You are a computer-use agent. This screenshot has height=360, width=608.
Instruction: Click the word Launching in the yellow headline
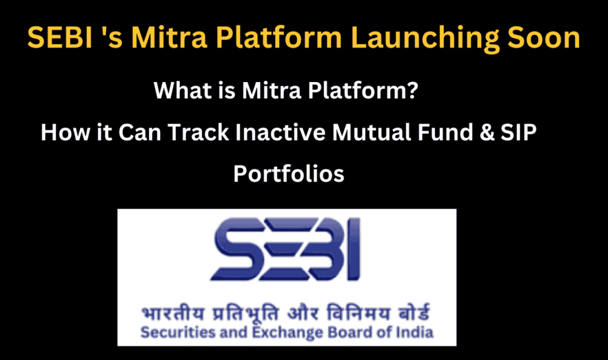tap(425, 39)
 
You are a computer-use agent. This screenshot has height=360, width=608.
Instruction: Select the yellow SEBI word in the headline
tap(60, 37)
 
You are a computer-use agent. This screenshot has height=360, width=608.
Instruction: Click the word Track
tap(198, 132)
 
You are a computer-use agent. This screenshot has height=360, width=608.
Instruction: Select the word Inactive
tap(280, 132)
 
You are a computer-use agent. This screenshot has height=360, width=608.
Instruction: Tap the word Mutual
tap(372, 132)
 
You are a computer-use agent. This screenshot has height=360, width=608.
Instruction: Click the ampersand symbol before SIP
tap(487, 132)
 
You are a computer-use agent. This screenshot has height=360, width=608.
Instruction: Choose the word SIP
tap(518, 132)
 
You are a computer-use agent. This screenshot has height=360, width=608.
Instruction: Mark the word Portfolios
tap(289, 173)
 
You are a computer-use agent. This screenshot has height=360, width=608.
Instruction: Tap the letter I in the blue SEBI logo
tap(354, 249)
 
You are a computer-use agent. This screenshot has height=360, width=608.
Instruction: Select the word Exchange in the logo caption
tap(287, 333)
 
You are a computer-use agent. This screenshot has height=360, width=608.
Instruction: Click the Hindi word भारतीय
tap(173, 312)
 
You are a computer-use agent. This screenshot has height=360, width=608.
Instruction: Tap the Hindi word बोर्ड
tap(414, 312)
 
